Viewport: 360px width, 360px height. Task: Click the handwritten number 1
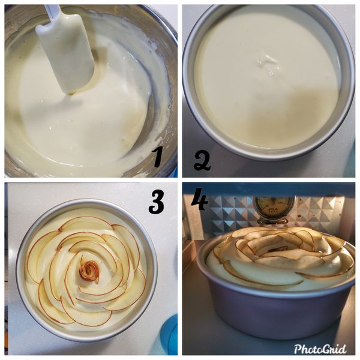tap(158, 157)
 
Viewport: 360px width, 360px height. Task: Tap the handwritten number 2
tap(203, 161)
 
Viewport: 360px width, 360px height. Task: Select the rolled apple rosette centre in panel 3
tap(89, 271)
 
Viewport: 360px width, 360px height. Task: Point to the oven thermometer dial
tap(274, 208)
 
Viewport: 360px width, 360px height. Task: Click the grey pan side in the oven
tap(276, 318)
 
